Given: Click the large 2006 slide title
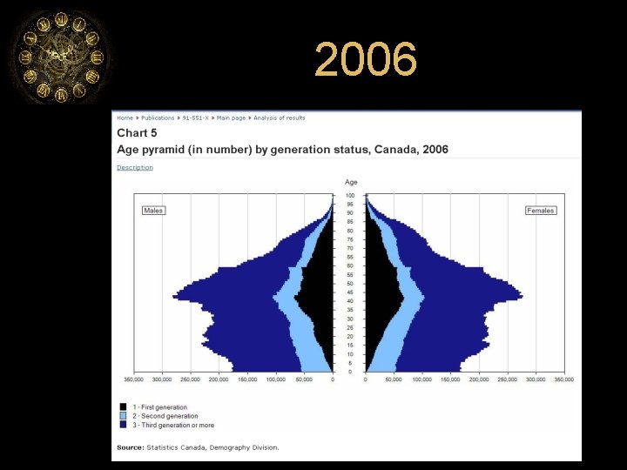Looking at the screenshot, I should tap(366, 61).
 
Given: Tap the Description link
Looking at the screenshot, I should tap(135, 167).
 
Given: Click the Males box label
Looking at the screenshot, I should tap(153, 211).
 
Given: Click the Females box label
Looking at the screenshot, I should tap(541, 211).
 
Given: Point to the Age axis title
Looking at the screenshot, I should tap(351, 182).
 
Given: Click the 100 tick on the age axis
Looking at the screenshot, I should tap(350, 195).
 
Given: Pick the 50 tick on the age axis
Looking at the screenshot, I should tap(350, 284).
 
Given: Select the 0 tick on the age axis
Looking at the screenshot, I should tap(350, 372).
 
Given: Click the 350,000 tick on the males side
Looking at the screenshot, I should tap(133, 379).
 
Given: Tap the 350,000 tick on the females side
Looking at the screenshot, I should tap(564, 379).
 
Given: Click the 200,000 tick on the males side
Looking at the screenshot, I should tap(219, 379).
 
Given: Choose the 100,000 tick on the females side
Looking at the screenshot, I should tap(422, 379).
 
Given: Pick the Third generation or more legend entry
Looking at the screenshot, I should tap(172, 425).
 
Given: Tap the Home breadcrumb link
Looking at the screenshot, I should tap(125, 117).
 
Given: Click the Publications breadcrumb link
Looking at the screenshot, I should tap(158, 117).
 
